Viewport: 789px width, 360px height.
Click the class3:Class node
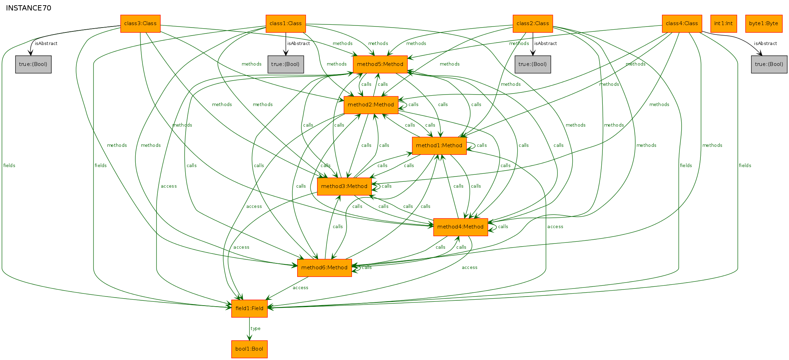coord(140,24)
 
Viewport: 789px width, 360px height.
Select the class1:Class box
coord(286,24)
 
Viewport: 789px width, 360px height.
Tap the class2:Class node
coord(533,24)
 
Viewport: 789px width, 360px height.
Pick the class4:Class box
coord(682,24)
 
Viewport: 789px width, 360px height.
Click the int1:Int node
coord(723,24)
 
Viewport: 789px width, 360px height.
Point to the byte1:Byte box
coord(764,24)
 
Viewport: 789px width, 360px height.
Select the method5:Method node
coord(380,65)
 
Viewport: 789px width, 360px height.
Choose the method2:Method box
coord(371,105)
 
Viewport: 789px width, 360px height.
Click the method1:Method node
coord(439,146)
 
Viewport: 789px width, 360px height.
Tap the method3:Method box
coord(344,187)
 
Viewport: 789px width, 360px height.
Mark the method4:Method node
coord(460,227)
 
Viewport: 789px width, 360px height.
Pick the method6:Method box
coord(324,268)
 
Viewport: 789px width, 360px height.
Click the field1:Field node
coord(249,309)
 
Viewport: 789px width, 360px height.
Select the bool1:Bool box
coord(249,349)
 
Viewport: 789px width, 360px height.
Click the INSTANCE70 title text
coord(29,8)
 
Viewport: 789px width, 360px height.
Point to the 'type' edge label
coord(255,329)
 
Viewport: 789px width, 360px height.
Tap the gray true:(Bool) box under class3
coord(33,65)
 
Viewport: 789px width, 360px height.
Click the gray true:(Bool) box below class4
coord(769,65)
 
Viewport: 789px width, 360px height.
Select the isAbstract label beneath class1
coord(299,44)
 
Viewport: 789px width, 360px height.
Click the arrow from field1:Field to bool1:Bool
coord(249,329)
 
